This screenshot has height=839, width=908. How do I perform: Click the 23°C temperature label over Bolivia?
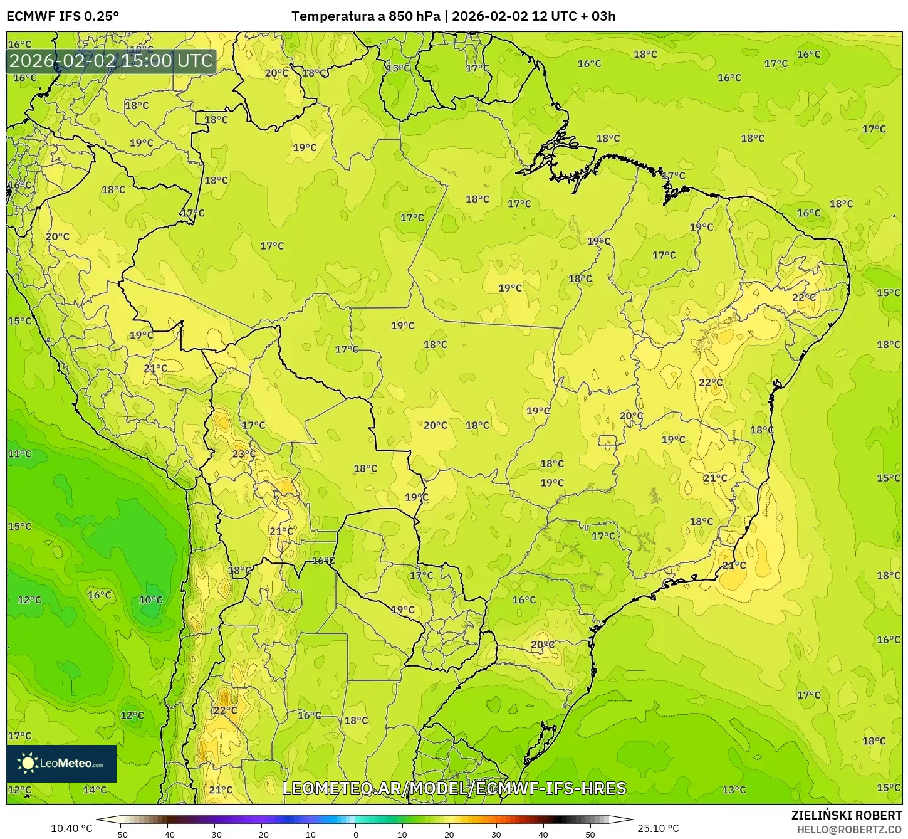click(244, 454)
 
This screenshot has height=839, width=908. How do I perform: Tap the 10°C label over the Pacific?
click(150, 599)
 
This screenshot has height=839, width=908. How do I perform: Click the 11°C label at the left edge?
click(19, 454)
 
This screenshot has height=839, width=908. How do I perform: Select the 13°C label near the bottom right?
click(734, 789)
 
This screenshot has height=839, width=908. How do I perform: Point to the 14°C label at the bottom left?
click(95, 789)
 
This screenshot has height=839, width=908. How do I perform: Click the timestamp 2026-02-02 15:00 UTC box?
click(112, 61)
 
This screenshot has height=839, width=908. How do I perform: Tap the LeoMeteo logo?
click(61, 763)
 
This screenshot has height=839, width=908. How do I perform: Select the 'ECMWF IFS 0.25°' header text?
click(63, 16)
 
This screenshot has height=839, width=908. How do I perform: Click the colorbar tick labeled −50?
click(120, 834)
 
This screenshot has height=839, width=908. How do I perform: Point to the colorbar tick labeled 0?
click(355, 834)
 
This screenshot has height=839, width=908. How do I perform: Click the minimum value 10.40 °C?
click(71, 828)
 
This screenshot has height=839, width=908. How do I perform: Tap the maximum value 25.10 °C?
click(658, 828)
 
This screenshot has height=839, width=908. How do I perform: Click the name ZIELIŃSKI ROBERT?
click(846, 815)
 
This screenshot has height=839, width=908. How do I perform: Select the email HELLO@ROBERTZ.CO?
click(849, 830)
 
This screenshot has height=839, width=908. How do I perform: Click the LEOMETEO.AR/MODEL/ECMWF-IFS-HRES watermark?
click(454, 788)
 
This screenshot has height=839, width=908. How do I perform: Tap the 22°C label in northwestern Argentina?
click(225, 710)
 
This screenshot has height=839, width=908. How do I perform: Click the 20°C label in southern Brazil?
click(542, 645)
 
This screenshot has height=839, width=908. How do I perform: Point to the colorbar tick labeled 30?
click(496, 834)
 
